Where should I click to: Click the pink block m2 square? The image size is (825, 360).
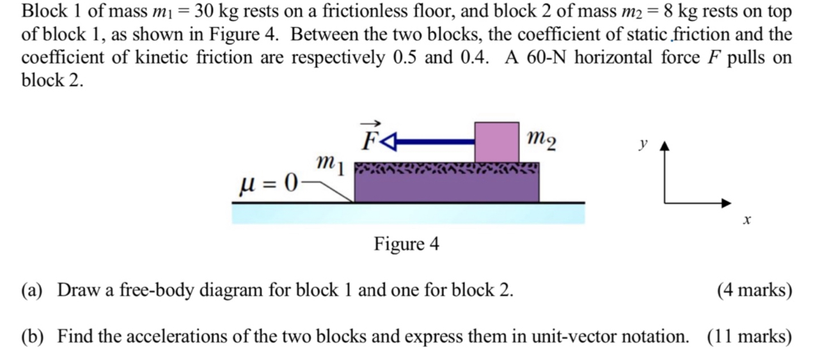pos(496,141)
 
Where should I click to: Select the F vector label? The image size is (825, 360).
pos(370,136)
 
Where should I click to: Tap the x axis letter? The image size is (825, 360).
pos(746,221)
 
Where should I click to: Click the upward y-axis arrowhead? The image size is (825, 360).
pos(665,147)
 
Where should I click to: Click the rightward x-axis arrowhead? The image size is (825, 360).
pos(726,203)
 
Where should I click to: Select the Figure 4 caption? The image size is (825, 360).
pos(407,244)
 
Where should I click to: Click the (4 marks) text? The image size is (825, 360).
pos(754,290)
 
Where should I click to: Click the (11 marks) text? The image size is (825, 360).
pos(750,336)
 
